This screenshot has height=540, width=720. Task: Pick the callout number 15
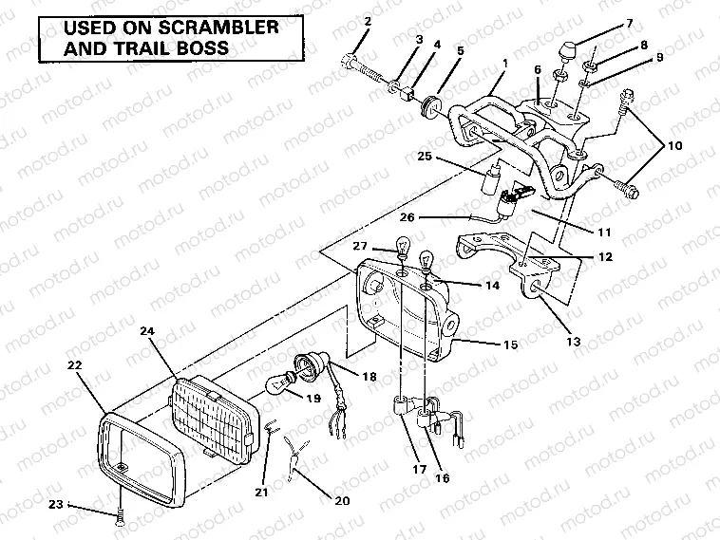(x=510, y=344)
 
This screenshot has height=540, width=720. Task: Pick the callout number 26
(x=407, y=217)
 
